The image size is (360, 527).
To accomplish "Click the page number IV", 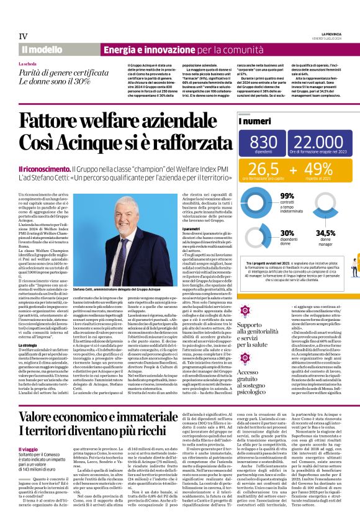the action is tap(24, 35).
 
